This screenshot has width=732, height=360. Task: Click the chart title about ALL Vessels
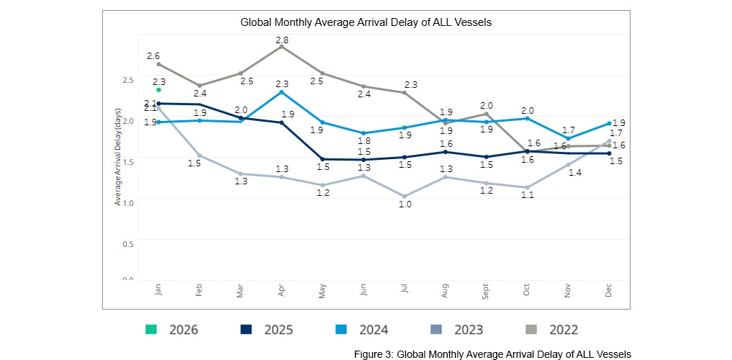pos(366,22)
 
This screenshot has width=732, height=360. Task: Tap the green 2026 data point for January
pos(158,90)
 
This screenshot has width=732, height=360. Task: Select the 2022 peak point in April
pos(281,46)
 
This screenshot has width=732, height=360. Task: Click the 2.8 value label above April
pos(282,40)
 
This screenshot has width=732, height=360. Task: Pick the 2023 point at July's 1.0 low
pos(405,197)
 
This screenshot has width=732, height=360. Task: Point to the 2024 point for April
pos(281,92)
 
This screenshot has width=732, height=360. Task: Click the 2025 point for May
pos(322,159)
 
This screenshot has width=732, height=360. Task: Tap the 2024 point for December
pos(609,123)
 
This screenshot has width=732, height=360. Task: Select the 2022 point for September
pos(487,114)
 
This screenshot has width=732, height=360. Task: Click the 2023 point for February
pos(199,156)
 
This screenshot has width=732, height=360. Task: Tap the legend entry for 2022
pos(551,330)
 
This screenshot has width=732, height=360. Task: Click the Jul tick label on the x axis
pos(405,289)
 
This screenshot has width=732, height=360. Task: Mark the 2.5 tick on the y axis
pos(127,79)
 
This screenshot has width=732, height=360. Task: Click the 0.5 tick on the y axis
pos(127,243)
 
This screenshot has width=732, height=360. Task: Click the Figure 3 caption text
pos(492,354)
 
